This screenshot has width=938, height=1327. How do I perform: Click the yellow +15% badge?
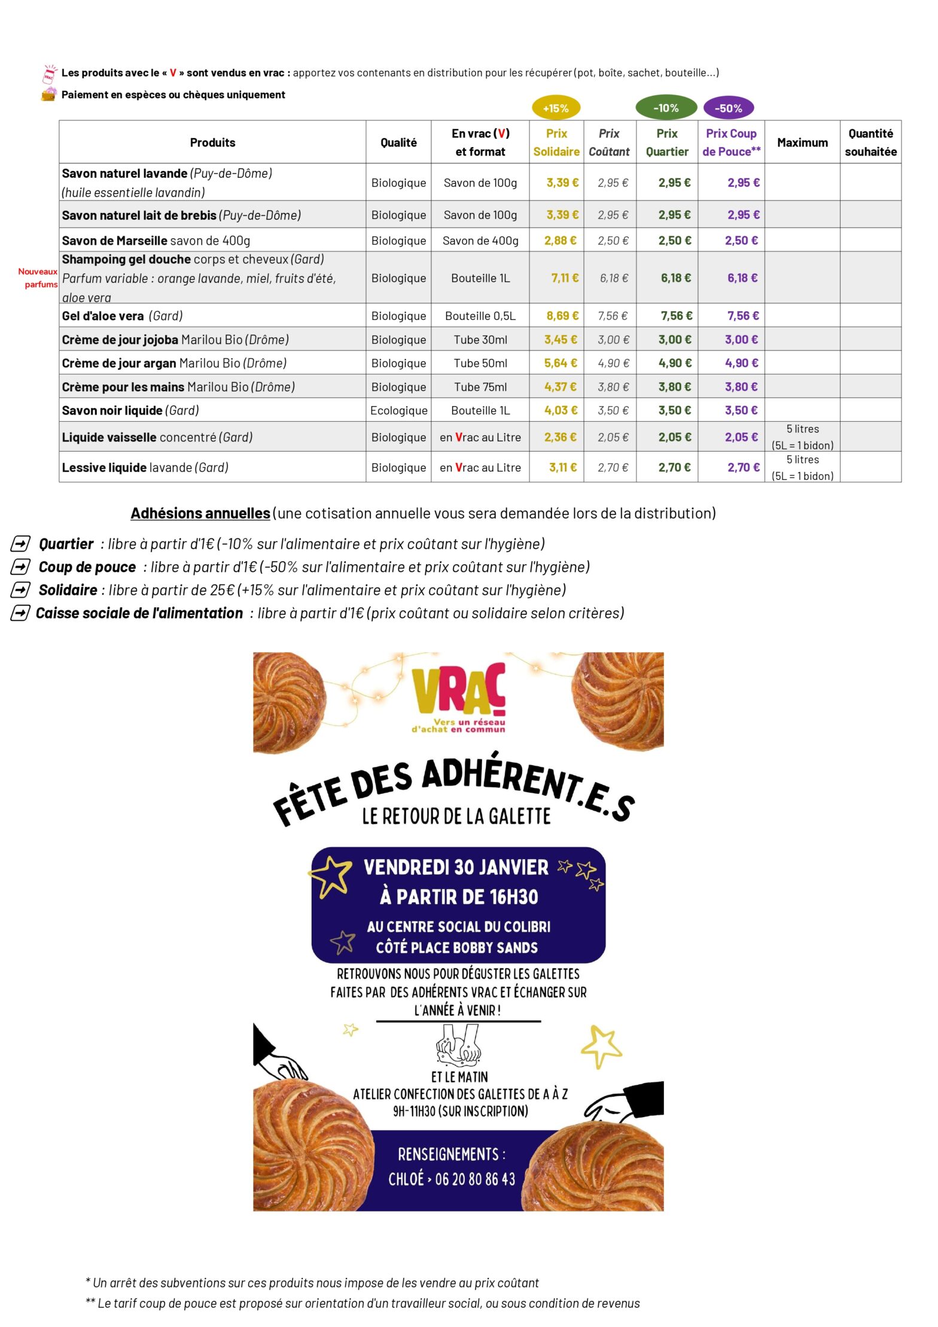pyautogui.click(x=556, y=108)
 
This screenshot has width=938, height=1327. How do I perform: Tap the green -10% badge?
pyautogui.click(x=666, y=108)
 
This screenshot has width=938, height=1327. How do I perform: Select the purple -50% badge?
pyautogui.click(x=728, y=108)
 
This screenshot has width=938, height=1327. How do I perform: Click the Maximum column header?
pyautogui.click(x=802, y=142)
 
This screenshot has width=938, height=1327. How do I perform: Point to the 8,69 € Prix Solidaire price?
pyautogui.click(x=562, y=315)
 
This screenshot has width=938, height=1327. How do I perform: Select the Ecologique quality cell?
pyautogui.click(x=398, y=410)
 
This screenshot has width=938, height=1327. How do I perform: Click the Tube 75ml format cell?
pyautogui.click(x=480, y=387)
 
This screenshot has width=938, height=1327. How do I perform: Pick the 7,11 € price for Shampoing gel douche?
pyautogui.click(x=565, y=278)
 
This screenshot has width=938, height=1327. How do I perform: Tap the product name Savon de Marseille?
pyautogui.click(x=114, y=241)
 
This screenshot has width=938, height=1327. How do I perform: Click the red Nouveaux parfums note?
pyautogui.click(x=38, y=278)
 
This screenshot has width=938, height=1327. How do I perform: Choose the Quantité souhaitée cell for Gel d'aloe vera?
pyautogui.click(x=870, y=315)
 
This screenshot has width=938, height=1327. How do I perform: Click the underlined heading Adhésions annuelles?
pyautogui.click(x=200, y=513)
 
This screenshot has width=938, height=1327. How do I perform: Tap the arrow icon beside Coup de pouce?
pyautogui.click(x=20, y=567)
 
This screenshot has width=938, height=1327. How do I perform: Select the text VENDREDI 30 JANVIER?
pyautogui.click(x=456, y=868)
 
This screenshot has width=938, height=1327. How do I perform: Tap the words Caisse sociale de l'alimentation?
pyautogui.click(x=139, y=613)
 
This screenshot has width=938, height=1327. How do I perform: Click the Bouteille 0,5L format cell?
pyautogui.click(x=480, y=315)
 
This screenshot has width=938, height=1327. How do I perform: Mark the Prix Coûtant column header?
pyautogui.click(x=609, y=142)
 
